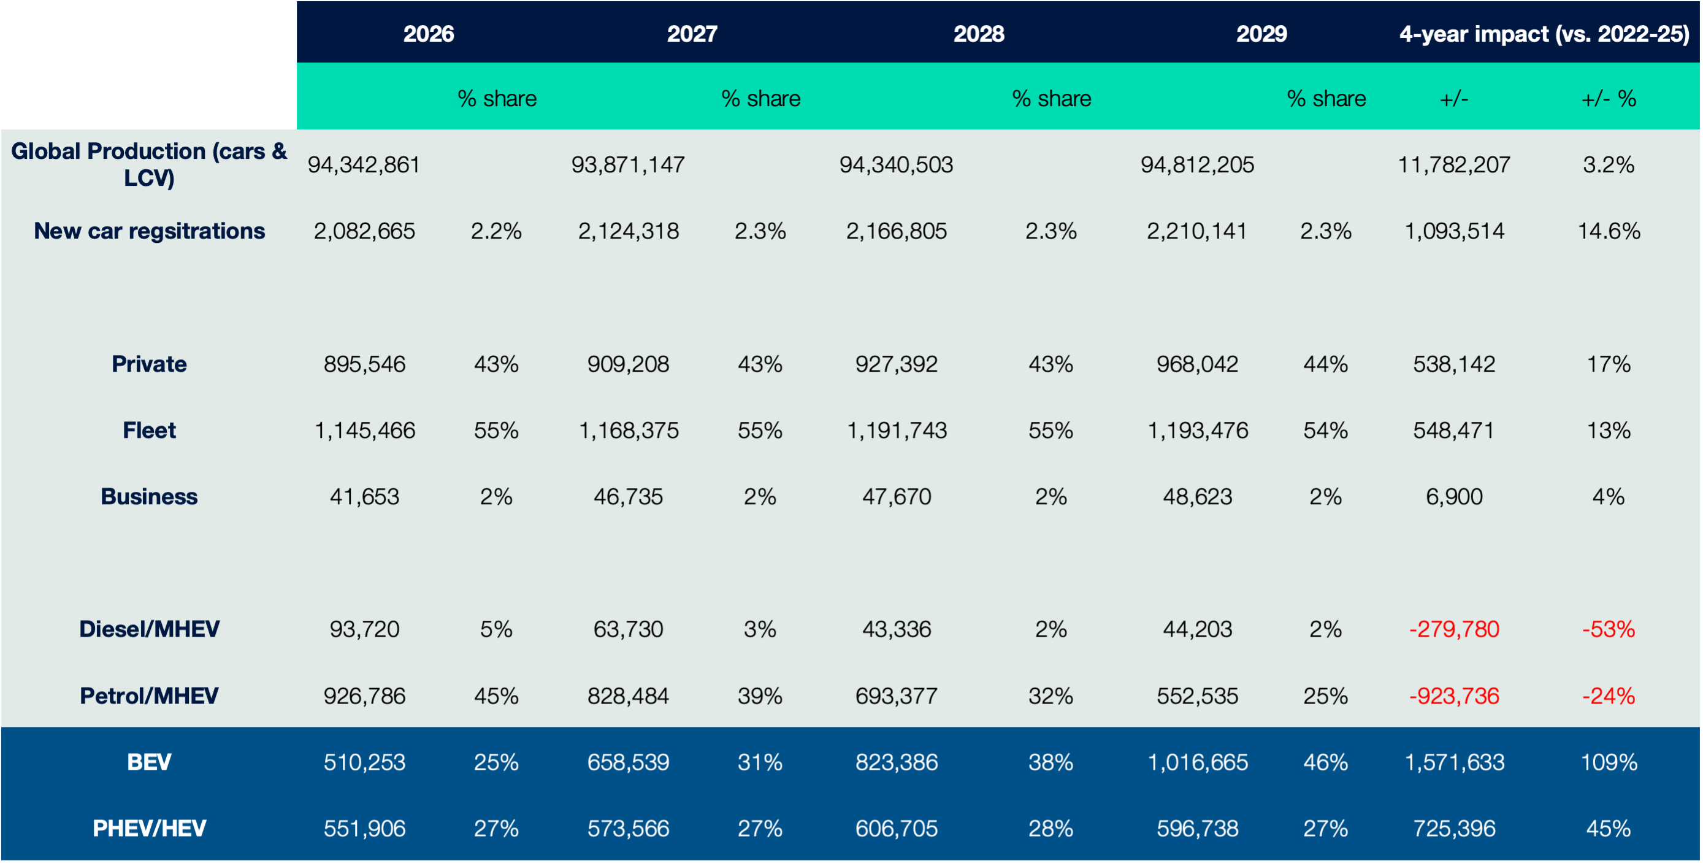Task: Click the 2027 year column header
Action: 692,33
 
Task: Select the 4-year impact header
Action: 1544,33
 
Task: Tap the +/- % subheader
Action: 1608,99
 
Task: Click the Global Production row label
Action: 150,164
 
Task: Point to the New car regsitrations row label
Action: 150,231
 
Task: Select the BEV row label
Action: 150,762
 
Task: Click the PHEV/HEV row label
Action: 150,828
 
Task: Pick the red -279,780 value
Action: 1454,629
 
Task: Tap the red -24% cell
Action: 1608,696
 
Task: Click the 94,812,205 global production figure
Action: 1196,164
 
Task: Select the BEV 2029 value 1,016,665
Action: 1197,762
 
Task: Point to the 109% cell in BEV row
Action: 1608,762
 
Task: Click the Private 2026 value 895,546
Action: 364,364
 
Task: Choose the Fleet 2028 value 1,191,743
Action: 897,431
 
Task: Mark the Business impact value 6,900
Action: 1454,496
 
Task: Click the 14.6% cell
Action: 1608,231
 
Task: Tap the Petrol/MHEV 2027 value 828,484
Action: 628,696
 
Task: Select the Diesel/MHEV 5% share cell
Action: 496,629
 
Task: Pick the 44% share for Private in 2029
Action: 1325,364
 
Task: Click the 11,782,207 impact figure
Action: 1454,164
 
